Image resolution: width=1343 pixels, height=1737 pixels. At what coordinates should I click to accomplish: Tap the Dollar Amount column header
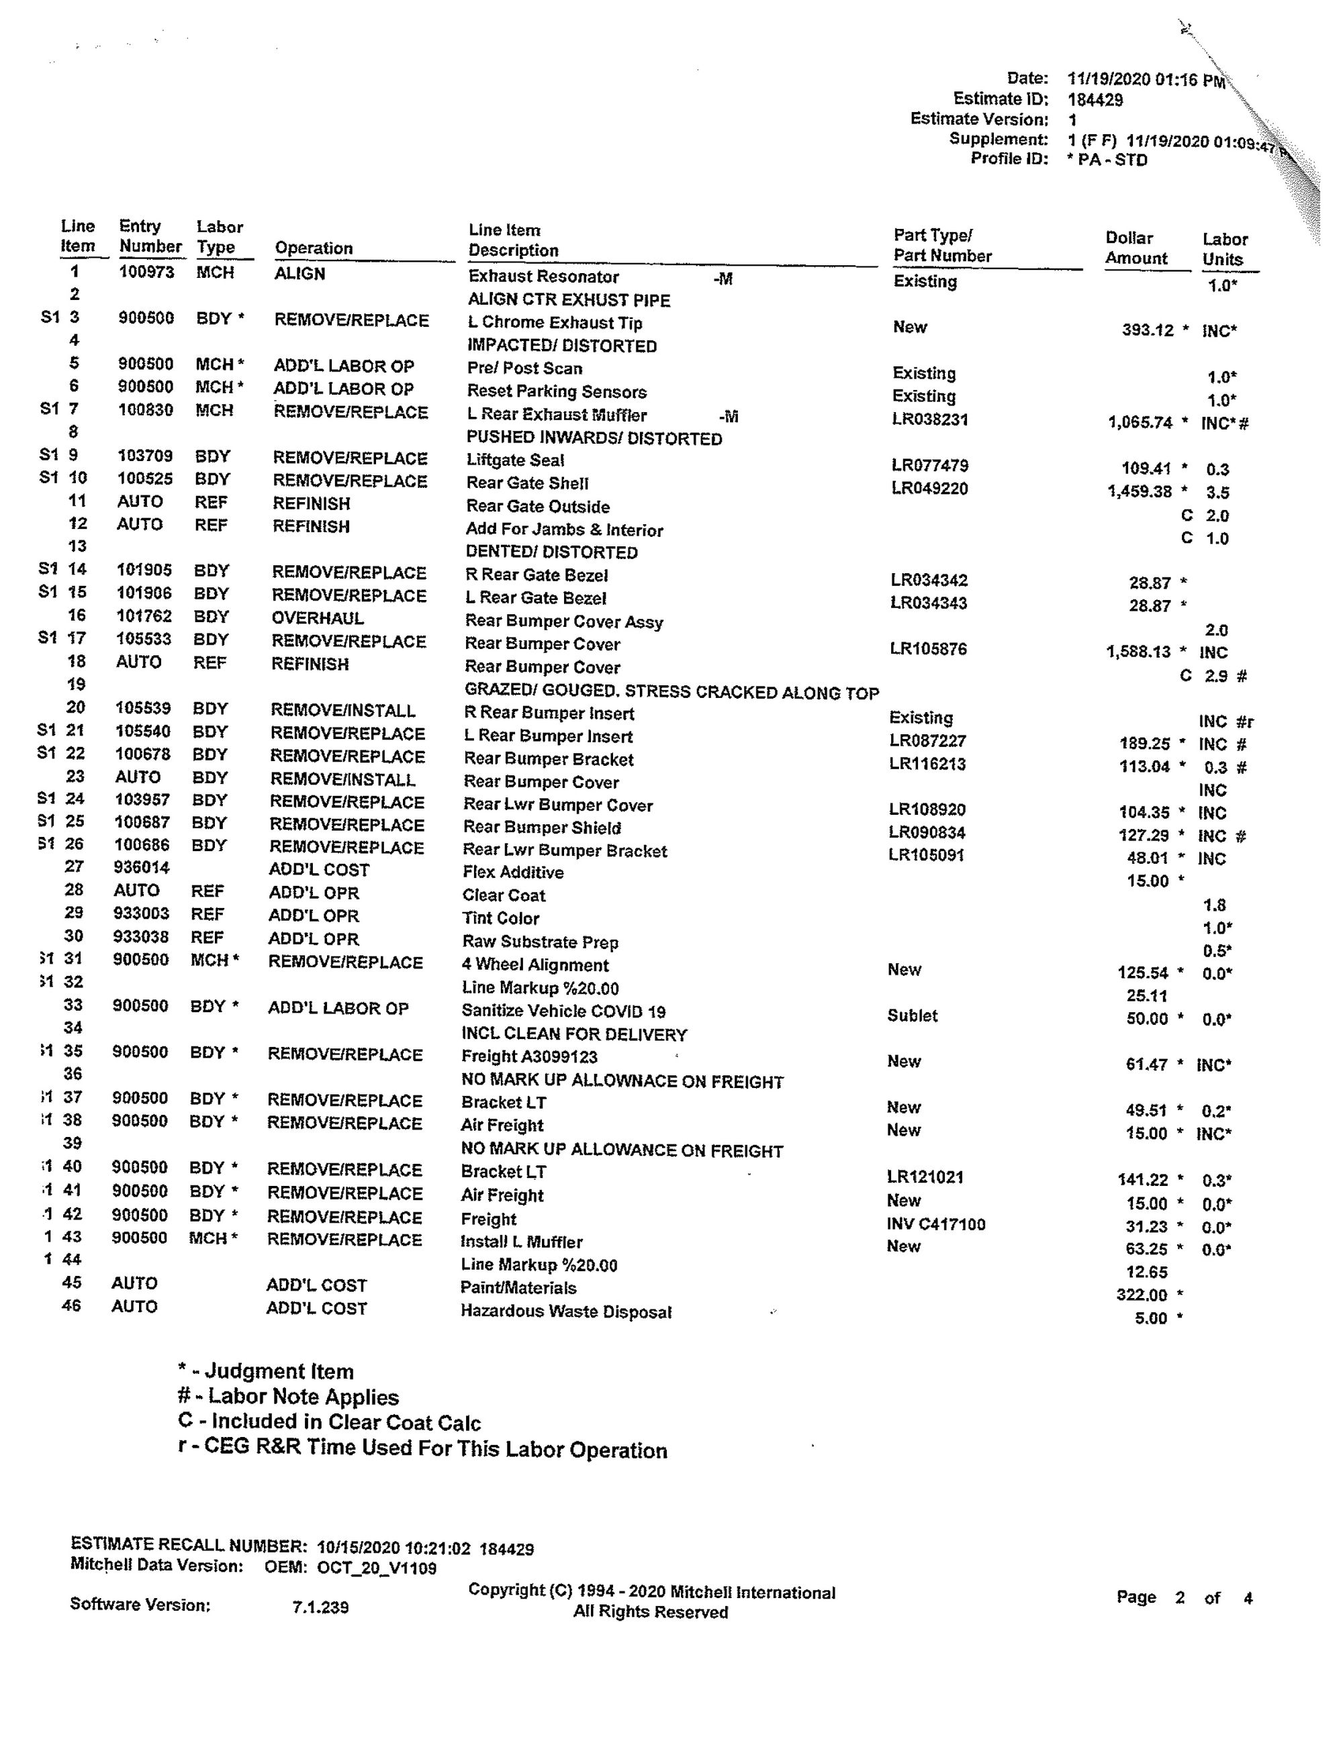pos(1136,248)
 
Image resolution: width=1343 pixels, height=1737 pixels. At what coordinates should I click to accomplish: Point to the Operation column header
pos(314,248)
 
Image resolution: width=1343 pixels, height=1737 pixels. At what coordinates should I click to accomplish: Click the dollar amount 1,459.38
pos(1140,491)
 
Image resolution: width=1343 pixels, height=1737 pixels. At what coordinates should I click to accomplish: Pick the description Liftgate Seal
pos(515,460)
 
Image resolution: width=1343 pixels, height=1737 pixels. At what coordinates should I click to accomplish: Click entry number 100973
pos(146,272)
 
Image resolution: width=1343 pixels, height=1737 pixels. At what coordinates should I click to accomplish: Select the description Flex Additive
pos(512,873)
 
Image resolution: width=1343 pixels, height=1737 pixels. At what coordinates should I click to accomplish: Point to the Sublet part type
pos(912,1015)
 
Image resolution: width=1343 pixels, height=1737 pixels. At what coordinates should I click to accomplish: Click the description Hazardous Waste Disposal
pos(565,1311)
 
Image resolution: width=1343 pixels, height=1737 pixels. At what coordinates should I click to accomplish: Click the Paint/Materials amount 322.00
pos(1141,1295)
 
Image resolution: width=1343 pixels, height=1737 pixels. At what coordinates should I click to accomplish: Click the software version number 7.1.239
pos(320,1607)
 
